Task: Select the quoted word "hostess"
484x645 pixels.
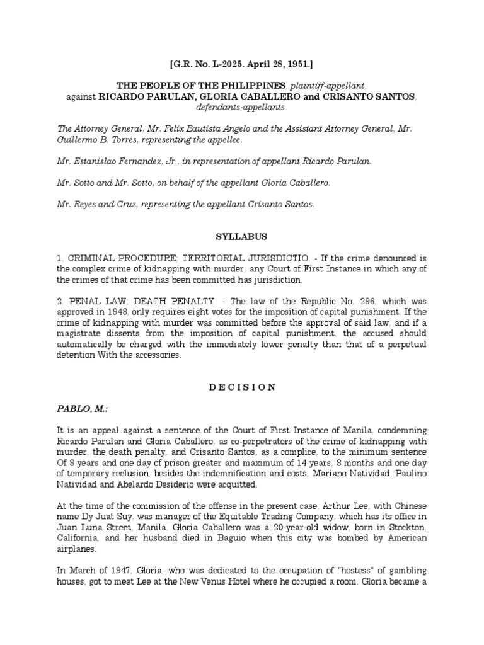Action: coord(308,571)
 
